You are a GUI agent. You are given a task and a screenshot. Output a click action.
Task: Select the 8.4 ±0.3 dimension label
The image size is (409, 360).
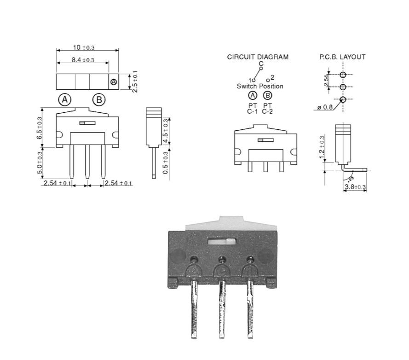coord(83,60)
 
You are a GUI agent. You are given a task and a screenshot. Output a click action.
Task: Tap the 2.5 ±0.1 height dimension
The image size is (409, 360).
coord(134,81)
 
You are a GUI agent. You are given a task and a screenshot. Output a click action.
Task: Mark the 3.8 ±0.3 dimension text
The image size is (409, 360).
coord(355,187)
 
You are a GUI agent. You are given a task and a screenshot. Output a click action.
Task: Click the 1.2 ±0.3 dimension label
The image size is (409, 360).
coord(321,146)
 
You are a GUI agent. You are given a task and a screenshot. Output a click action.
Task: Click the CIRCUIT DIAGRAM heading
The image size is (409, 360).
coord(258,57)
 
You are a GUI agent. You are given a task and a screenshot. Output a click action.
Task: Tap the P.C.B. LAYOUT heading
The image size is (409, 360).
coord(342,57)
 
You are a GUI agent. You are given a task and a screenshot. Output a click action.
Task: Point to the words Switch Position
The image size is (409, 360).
coord(260,86)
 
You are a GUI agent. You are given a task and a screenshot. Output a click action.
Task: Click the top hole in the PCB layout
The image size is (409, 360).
coord(343,75)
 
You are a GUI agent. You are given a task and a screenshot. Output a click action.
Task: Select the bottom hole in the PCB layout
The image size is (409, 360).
coord(343,99)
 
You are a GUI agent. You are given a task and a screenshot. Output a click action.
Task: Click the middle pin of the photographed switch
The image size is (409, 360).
coord(223,313)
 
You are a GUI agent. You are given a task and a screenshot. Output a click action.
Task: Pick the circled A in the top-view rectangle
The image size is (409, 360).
coord(113,81)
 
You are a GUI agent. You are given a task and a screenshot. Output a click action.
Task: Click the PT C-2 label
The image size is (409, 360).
coord(267,109)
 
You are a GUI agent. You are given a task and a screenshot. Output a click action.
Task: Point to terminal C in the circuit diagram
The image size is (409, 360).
coord(261,68)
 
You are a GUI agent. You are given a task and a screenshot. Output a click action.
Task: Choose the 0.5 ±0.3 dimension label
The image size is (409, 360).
coord(166,164)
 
